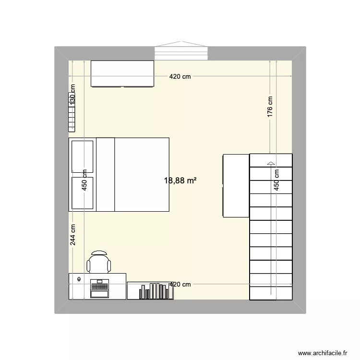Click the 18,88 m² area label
pos(180,181)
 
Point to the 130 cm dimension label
pos(73,95)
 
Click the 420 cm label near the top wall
pos(180,77)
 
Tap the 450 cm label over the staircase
pos(276,180)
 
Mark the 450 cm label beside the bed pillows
pos(84,180)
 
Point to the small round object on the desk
pos(79,279)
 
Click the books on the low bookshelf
pos(155,291)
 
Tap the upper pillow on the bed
pos(83,156)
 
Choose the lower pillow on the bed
pos(83,193)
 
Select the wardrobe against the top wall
pos(122,74)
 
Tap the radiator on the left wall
pos(72,119)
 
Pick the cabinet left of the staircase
pos(236,185)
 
